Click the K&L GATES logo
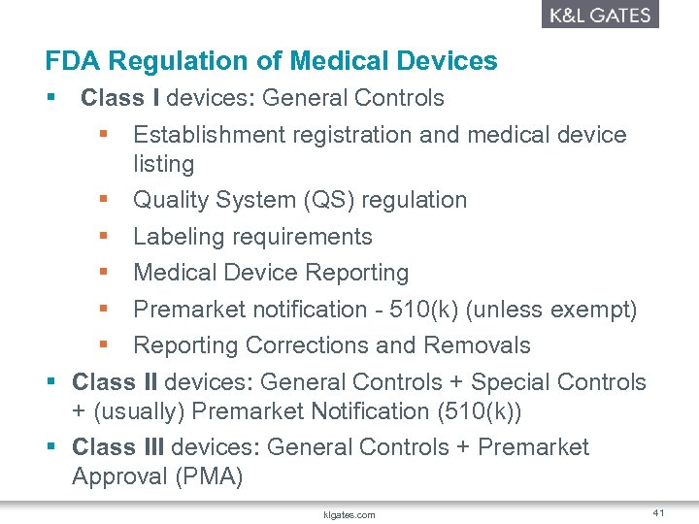tap(599, 15)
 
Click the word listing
tap(163, 164)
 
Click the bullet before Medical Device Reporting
tap(103, 273)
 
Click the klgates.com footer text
tap(349, 514)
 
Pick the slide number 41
tap(658, 512)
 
